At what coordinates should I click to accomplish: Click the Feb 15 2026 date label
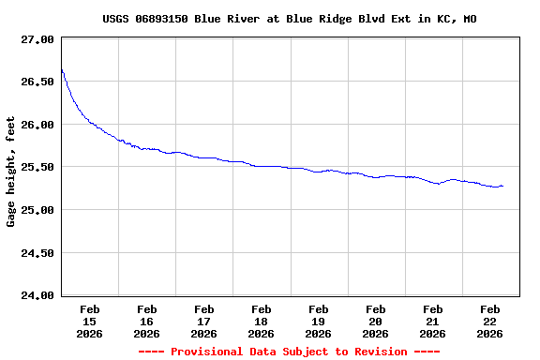coord(90,321)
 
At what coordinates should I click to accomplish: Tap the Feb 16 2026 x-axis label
coord(147,321)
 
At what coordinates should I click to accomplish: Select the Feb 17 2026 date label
coord(204,321)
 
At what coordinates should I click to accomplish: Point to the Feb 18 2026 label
coord(262,321)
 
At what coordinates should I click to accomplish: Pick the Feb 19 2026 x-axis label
coord(319,321)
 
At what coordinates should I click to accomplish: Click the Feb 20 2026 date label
coord(376,321)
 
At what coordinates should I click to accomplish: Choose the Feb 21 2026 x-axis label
coord(433,321)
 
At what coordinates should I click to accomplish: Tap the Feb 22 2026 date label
coord(490,321)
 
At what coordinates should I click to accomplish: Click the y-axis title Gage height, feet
coord(11,172)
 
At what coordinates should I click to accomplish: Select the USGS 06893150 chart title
coord(289,19)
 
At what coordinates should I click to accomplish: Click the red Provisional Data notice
coord(289,352)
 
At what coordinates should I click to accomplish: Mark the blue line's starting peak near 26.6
coord(62,69)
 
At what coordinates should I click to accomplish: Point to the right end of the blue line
coord(503,186)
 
